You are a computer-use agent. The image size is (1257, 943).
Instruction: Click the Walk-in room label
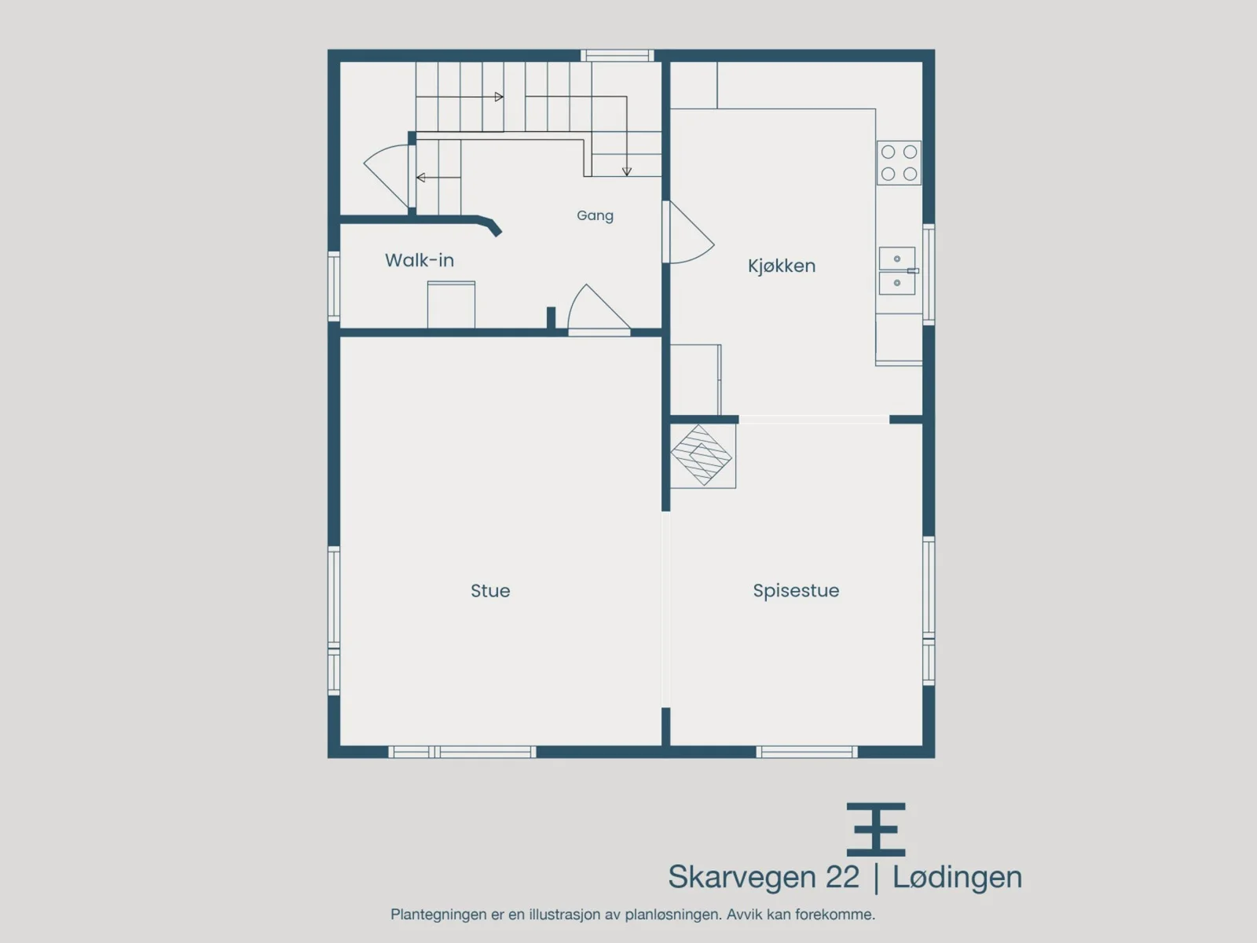[x=420, y=261]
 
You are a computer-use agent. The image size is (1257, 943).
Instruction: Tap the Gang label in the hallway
[x=595, y=216]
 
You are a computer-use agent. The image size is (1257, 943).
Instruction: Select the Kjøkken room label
[x=782, y=266]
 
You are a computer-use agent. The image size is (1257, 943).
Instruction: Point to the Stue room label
[x=490, y=591]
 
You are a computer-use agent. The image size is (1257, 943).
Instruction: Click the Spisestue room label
[x=796, y=591]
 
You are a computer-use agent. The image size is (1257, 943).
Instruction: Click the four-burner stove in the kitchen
[x=899, y=163]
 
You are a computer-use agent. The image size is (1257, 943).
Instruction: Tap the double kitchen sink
[x=899, y=271]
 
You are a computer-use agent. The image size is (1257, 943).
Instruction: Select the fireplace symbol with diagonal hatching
[x=702, y=455]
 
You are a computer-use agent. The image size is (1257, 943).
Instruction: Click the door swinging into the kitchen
[x=687, y=232]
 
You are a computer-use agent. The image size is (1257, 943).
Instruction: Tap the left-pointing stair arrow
[x=438, y=178]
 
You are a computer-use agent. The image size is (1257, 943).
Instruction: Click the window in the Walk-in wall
[x=333, y=286]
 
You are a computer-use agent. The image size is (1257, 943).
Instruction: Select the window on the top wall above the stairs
[x=618, y=56]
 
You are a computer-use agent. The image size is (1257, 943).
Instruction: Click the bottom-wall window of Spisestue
[x=807, y=752]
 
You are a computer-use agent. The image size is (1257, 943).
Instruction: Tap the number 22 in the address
[x=843, y=877]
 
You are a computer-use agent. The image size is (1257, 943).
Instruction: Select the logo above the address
[x=876, y=830]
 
